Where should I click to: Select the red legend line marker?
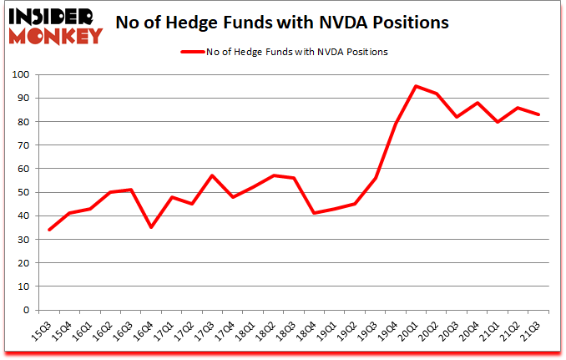199,52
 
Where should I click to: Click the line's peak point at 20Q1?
417,86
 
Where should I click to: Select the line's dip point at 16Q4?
150,227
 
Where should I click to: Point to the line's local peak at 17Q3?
213,175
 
